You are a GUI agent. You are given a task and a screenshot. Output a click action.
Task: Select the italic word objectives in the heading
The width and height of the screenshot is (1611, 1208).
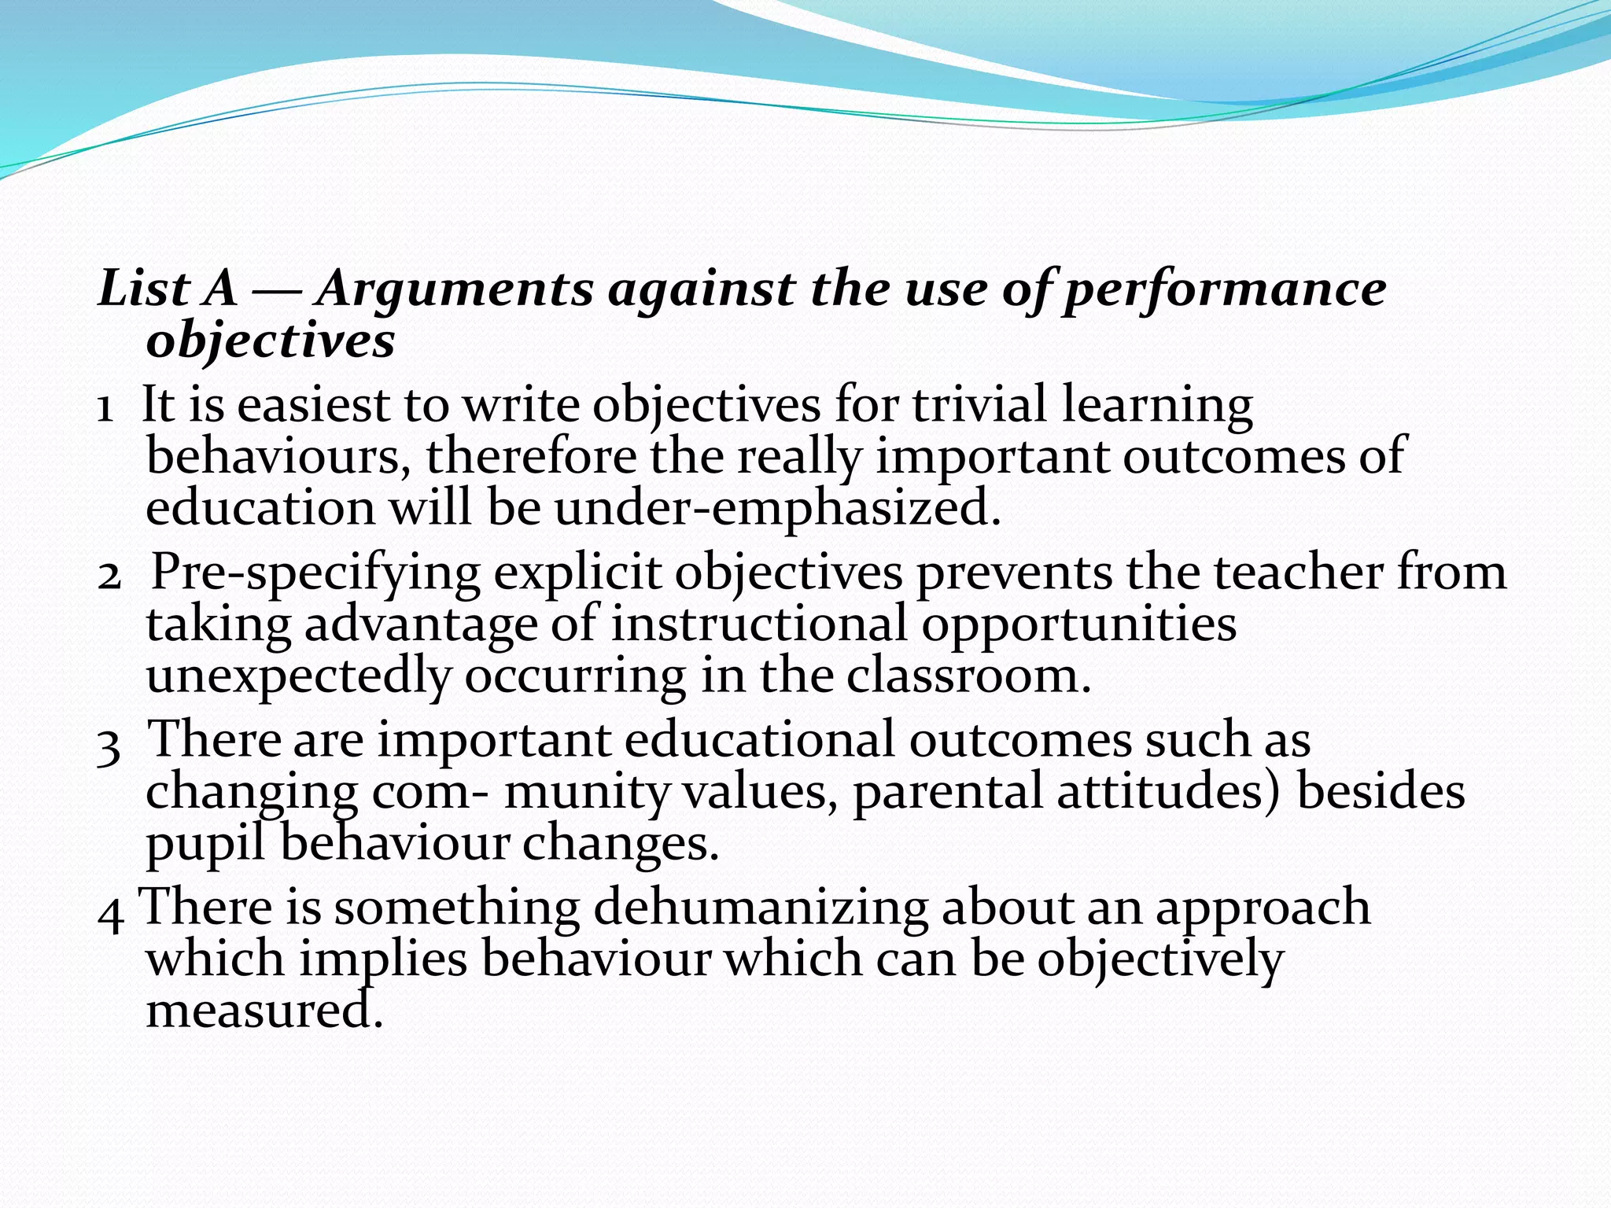click(x=271, y=341)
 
